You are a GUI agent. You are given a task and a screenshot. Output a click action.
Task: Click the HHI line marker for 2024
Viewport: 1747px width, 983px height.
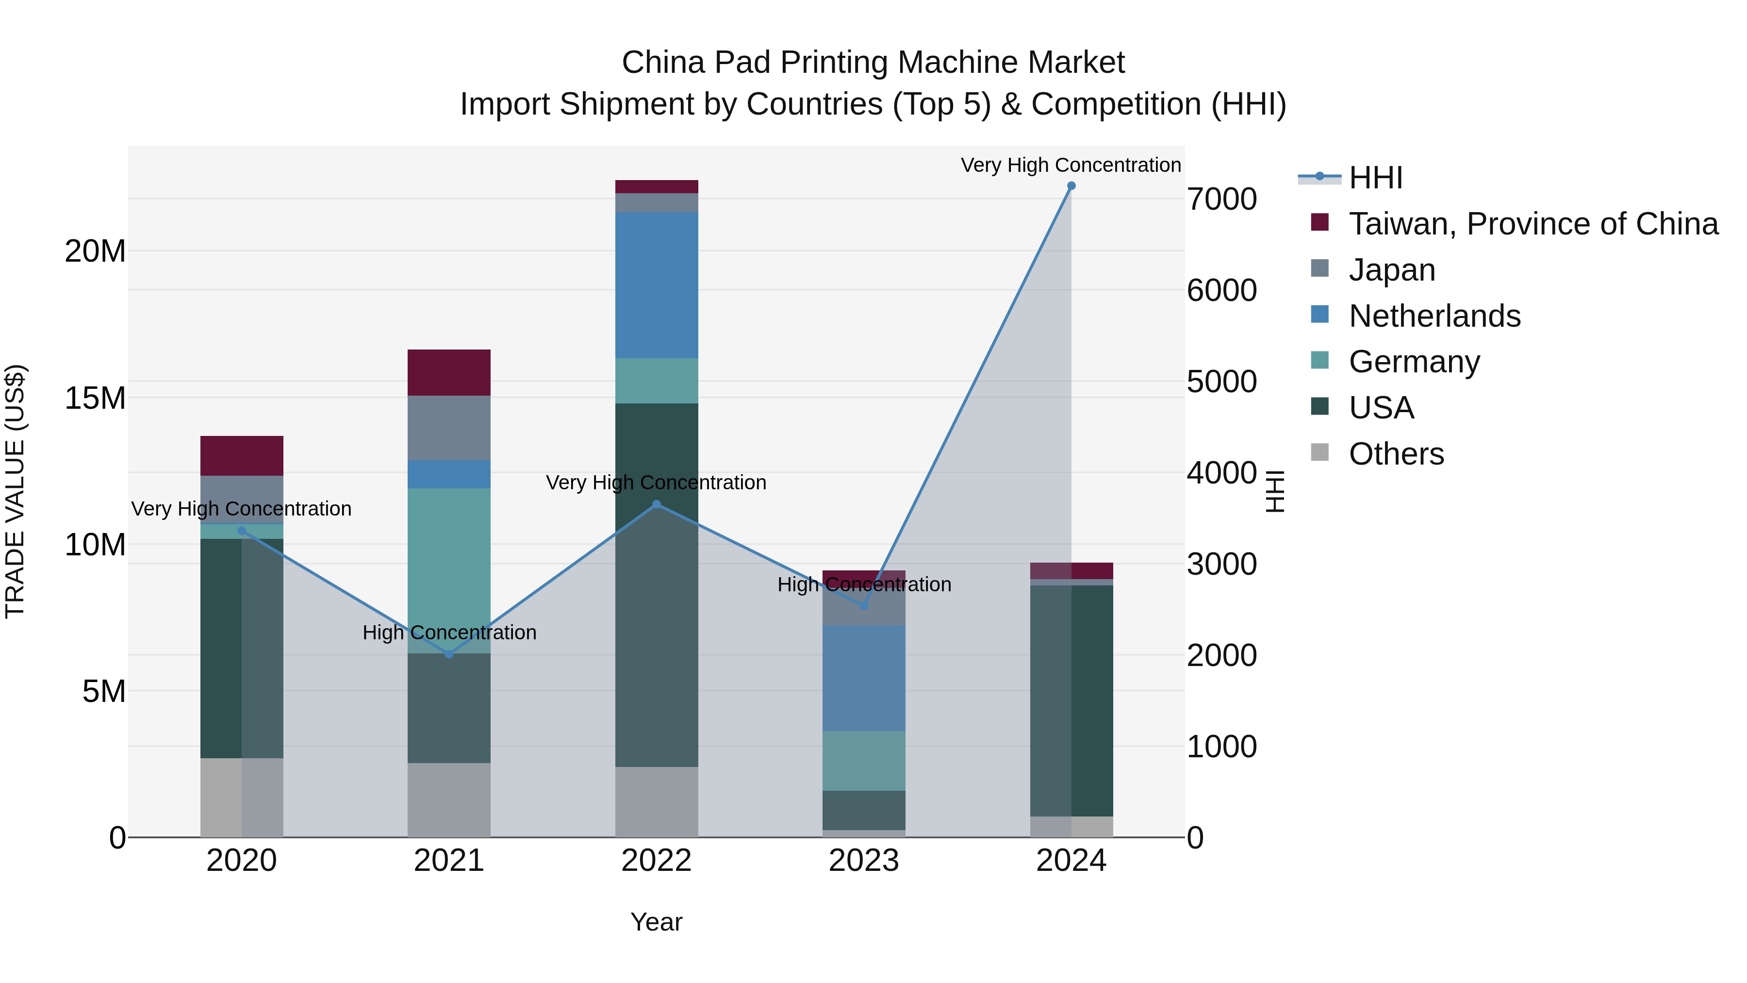(x=1071, y=186)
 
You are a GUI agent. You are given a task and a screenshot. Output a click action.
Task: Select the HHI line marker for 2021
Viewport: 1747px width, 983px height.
(x=449, y=654)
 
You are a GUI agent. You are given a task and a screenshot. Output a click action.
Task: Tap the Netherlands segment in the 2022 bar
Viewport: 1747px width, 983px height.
(x=657, y=285)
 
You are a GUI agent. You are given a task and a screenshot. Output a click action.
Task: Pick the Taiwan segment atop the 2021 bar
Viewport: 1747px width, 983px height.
(x=449, y=372)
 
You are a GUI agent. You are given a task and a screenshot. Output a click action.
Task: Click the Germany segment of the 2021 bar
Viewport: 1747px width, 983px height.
(x=449, y=570)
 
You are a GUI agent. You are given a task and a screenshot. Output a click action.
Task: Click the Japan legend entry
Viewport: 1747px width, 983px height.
(x=1392, y=270)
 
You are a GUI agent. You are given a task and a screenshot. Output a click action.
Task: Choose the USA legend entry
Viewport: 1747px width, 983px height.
(x=1381, y=408)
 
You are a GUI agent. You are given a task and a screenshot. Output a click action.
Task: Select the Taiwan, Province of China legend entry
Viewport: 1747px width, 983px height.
(x=1533, y=224)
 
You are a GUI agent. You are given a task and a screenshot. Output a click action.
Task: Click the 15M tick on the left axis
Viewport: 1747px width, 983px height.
(x=95, y=398)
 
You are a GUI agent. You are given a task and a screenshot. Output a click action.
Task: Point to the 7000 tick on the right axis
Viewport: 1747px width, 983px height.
(x=1221, y=200)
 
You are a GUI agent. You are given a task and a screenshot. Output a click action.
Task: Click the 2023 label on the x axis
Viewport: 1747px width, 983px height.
(x=863, y=861)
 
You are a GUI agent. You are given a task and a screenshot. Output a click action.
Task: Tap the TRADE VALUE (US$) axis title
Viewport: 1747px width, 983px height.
(x=15, y=491)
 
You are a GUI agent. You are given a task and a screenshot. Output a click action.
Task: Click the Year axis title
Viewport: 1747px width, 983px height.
(x=656, y=922)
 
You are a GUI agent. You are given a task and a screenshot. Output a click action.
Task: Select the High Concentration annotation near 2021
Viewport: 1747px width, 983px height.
(x=449, y=632)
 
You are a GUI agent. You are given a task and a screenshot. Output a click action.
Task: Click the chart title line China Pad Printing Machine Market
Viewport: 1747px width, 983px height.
(x=873, y=63)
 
